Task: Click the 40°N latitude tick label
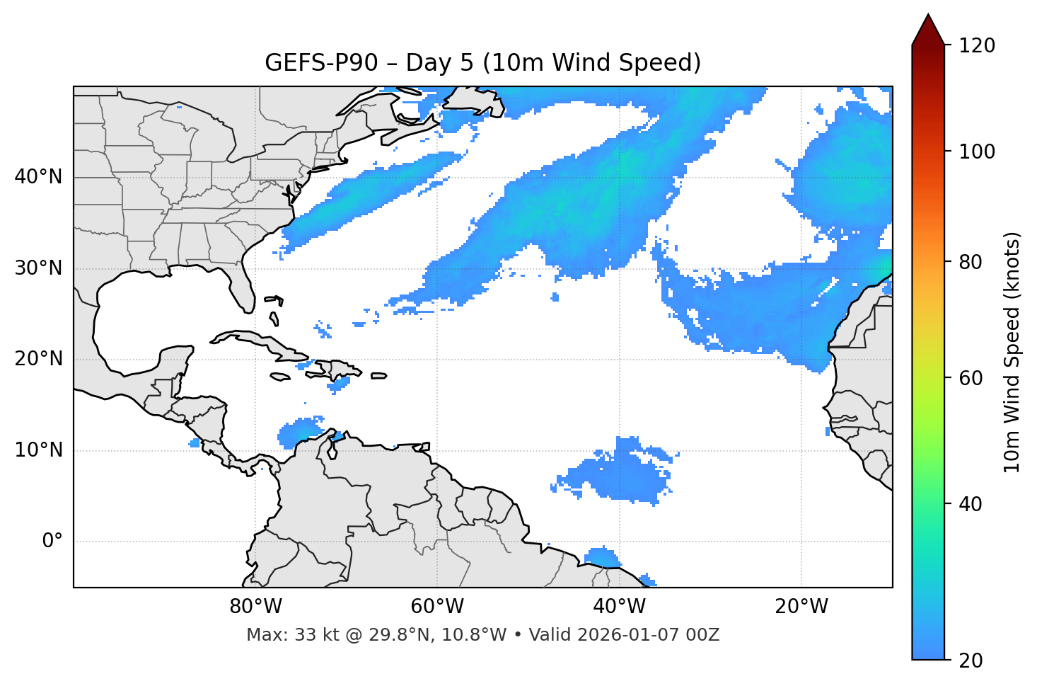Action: pos(38,177)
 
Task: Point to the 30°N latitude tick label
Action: pos(38,268)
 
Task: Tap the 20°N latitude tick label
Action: pos(38,359)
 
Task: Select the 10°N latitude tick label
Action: pos(38,450)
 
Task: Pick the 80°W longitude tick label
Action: pos(255,607)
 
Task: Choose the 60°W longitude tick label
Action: pos(437,607)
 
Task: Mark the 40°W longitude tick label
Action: pos(619,607)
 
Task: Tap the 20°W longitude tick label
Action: pos(801,607)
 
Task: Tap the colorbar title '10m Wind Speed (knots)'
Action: pos(1012,352)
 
